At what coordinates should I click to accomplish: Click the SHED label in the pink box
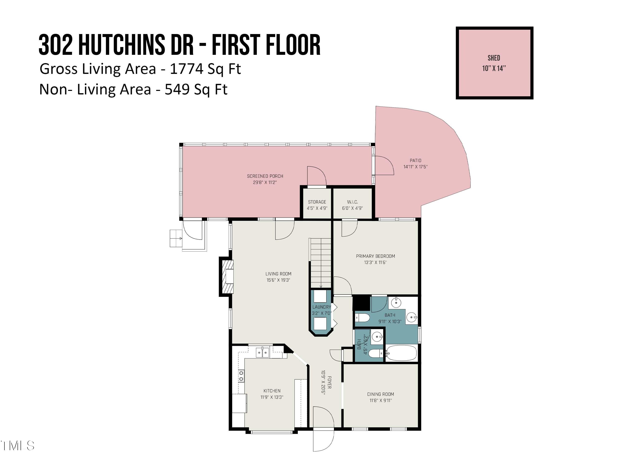pyautogui.click(x=494, y=58)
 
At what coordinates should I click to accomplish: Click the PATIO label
pyautogui.click(x=415, y=160)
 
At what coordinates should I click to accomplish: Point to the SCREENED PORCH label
pyautogui.click(x=265, y=176)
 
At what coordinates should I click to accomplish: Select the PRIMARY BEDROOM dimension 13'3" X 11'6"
pyautogui.click(x=375, y=263)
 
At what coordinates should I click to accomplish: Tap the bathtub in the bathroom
pyautogui.click(x=401, y=353)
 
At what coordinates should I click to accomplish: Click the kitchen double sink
pyautogui.click(x=262, y=352)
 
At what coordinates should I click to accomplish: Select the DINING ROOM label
pyautogui.click(x=380, y=394)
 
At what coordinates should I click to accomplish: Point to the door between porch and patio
pyautogui.click(x=384, y=165)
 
